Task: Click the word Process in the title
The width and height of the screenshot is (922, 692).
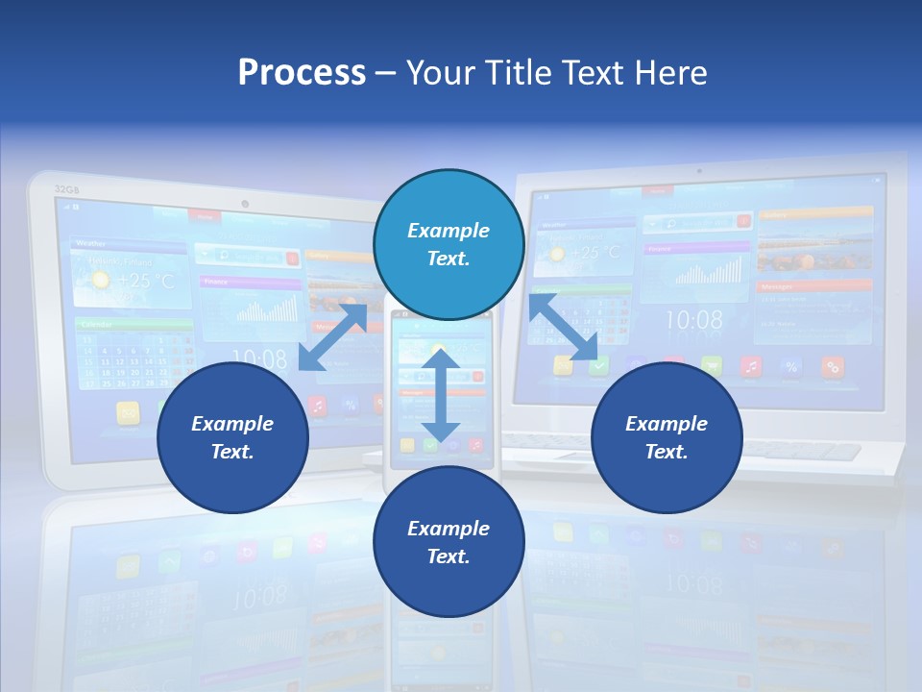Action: (x=302, y=72)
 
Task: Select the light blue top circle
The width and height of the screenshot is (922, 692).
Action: (x=449, y=244)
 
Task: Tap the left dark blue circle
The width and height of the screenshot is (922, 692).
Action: (x=232, y=437)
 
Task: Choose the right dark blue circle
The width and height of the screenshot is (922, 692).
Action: (x=667, y=437)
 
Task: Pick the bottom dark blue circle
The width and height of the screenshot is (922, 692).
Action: (x=449, y=542)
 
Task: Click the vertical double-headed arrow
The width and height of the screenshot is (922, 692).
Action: (x=441, y=395)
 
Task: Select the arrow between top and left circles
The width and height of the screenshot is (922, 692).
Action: (x=333, y=335)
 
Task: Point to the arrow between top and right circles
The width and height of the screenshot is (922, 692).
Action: (x=564, y=328)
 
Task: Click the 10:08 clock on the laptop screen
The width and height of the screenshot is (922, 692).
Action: (x=693, y=320)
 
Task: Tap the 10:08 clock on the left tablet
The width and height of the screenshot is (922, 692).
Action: (x=259, y=358)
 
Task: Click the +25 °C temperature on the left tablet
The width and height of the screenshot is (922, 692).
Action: (x=145, y=281)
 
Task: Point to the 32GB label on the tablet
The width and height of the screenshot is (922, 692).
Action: (x=66, y=189)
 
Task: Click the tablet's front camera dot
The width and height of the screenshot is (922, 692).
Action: (x=246, y=204)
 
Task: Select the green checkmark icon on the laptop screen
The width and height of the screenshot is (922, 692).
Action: (x=598, y=365)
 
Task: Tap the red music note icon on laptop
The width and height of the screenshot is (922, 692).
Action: (x=751, y=365)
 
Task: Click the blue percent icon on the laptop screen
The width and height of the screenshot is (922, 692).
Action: (x=791, y=365)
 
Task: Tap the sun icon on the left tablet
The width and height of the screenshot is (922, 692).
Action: (x=99, y=280)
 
